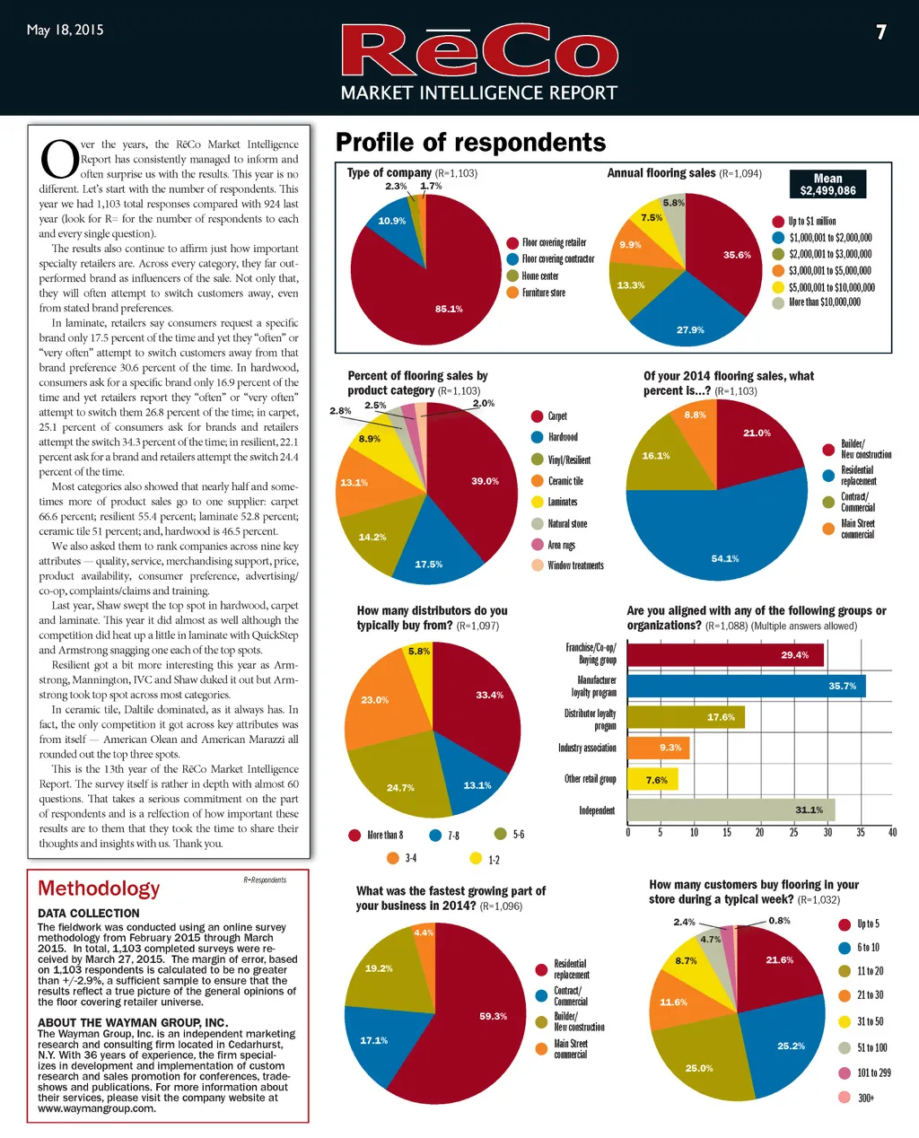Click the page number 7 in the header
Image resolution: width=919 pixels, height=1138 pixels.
tap(881, 32)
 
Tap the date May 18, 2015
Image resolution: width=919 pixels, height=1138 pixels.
tap(65, 30)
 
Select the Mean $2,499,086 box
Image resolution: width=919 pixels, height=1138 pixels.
tap(827, 185)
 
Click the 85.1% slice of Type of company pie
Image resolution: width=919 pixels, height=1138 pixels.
tap(422, 287)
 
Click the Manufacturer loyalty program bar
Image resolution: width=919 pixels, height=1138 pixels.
tap(746, 687)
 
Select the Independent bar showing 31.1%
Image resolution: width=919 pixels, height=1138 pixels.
tap(731, 810)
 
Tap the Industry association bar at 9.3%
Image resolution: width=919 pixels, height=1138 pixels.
tap(658, 748)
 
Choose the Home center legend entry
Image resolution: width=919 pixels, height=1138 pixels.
tap(539, 276)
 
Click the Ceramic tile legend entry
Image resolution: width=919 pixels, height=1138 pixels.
tap(565, 481)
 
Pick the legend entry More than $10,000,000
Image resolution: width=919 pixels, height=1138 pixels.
tap(823, 302)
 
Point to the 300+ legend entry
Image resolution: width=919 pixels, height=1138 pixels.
tap(864, 1098)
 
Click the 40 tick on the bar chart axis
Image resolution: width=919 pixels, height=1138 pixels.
tap(892, 833)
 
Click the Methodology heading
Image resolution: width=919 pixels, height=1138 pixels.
tap(99, 889)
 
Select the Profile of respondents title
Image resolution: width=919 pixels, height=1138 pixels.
tap(470, 143)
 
